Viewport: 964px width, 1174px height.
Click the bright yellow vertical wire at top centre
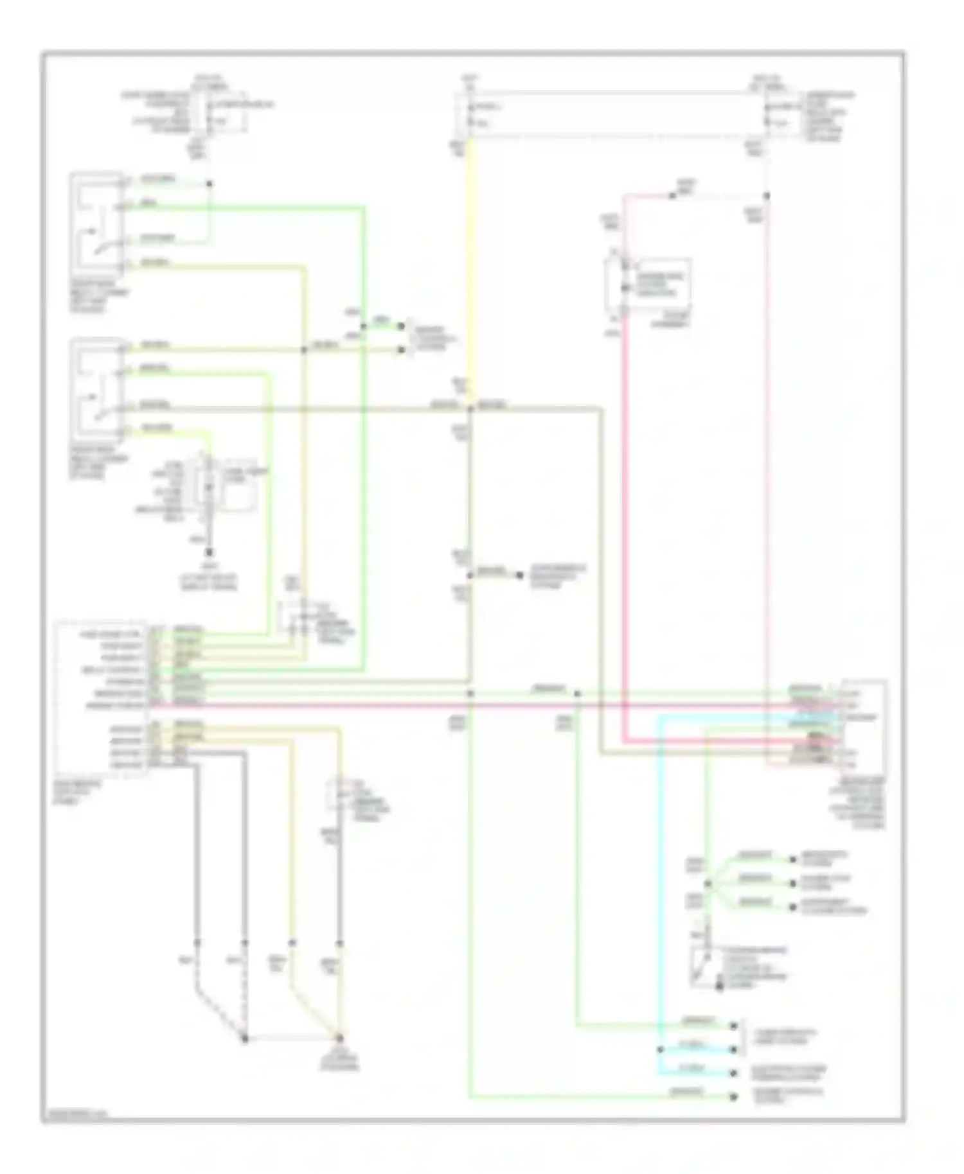[471, 257]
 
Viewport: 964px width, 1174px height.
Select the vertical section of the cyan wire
[658, 899]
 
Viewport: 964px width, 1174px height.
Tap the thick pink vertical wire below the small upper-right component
[623, 514]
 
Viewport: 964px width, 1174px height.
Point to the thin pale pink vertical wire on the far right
[767, 450]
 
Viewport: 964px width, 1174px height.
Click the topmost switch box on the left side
[97, 222]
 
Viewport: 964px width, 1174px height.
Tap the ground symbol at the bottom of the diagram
[339, 1039]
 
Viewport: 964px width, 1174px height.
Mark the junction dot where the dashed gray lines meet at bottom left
[245, 1039]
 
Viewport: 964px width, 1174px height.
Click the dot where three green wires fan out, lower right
[708, 884]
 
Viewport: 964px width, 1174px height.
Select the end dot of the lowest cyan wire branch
[733, 1073]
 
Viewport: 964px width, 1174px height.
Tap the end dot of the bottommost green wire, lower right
[733, 1097]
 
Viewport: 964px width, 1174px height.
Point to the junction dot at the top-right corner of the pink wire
[767, 196]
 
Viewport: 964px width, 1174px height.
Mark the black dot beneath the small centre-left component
[210, 552]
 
